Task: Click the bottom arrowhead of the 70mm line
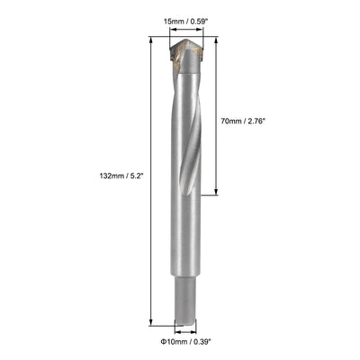click(x=216, y=193)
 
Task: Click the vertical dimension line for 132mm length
click(x=148, y=252)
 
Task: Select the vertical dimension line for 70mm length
click(x=216, y=162)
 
